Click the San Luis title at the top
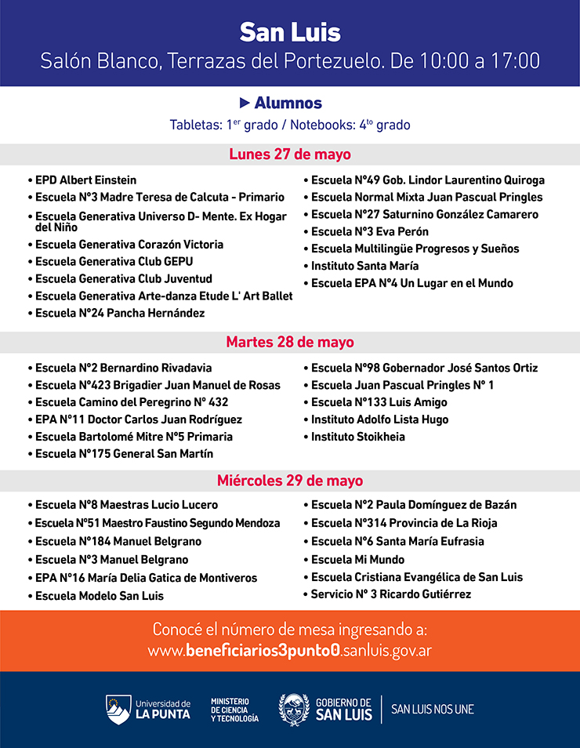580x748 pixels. point(290,32)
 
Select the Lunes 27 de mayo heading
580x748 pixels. point(290,154)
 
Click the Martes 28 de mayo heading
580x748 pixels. point(290,342)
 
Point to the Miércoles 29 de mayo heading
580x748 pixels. point(290,481)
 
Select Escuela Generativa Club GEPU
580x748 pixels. point(114,261)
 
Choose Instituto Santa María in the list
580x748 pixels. point(364,266)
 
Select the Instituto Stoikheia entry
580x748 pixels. point(358,436)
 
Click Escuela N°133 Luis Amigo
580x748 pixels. point(379,401)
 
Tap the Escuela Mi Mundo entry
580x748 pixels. point(357,559)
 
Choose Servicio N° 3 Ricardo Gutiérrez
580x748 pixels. point(391,594)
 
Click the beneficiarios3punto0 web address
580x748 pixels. point(290,651)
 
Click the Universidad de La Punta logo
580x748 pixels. point(148,709)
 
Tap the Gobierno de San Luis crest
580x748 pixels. point(294,709)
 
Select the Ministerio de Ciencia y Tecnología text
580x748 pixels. point(234,710)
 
